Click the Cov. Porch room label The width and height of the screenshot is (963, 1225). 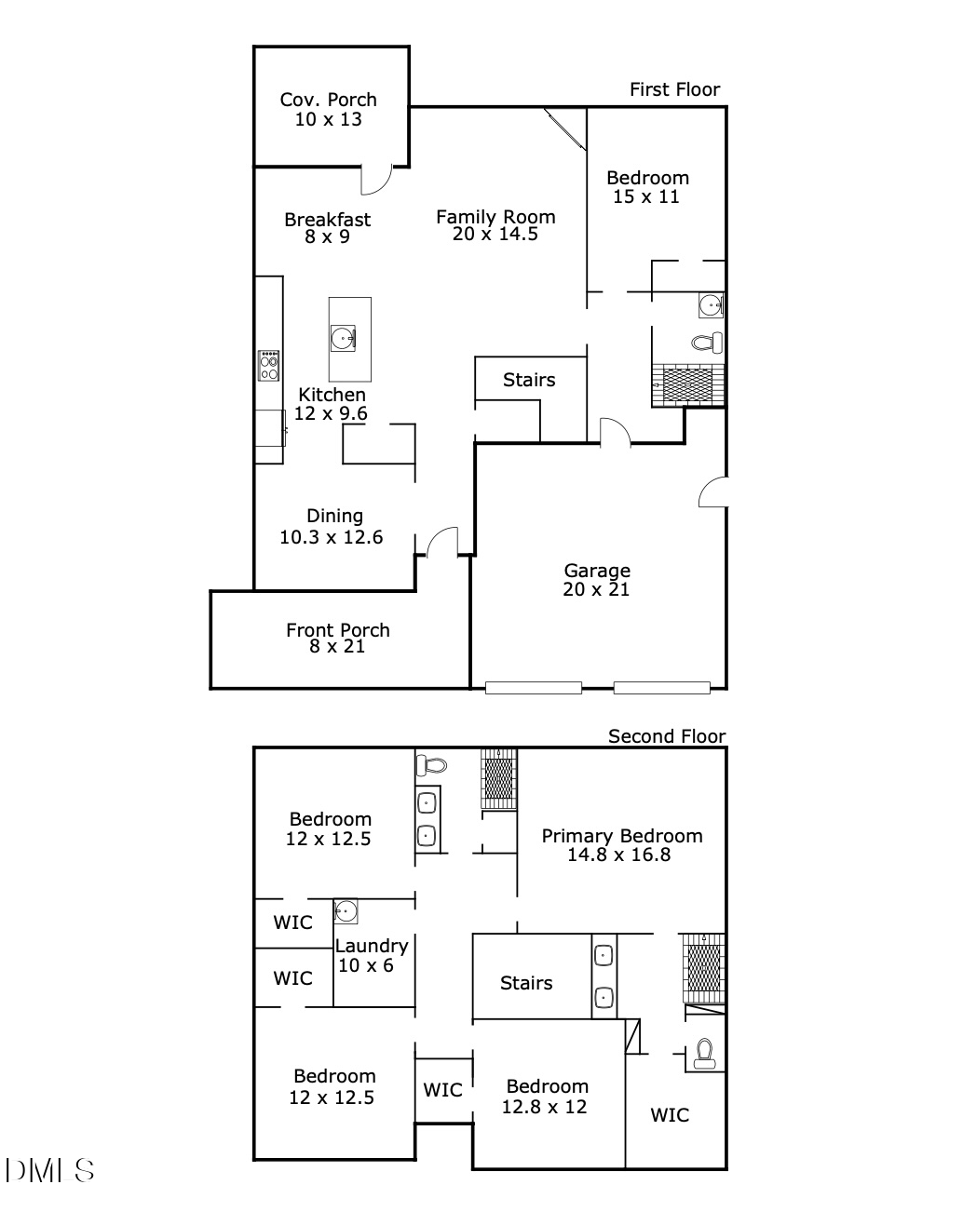tap(329, 100)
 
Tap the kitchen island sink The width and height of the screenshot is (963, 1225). tap(342, 337)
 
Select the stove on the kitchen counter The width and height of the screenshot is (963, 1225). tap(269, 365)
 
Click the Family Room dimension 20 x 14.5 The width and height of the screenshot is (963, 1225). tap(495, 235)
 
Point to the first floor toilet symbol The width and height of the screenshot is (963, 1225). tap(708, 343)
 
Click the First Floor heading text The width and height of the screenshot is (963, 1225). tap(674, 89)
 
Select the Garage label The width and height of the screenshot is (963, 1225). tap(597, 571)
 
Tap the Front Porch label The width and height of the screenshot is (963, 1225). tap(337, 630)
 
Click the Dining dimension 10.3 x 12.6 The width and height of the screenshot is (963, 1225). tap(332, 537)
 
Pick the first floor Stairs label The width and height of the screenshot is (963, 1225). tap(529, 380)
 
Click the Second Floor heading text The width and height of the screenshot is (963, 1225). tap(666, 736)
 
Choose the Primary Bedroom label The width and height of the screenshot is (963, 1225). tap(622, 836)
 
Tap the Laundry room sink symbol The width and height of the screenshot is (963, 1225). tap(346, 911)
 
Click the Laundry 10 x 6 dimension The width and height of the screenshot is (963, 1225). tap(366, 966)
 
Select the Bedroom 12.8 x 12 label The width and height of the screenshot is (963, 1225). tap(547, 1086)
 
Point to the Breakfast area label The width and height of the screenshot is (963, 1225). tap(328, 220)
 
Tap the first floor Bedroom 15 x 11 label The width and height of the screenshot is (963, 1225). tap(647, 178)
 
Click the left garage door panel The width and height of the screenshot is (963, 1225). tap(534, 688)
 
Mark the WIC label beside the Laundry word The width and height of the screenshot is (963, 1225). tap(292, 922)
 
